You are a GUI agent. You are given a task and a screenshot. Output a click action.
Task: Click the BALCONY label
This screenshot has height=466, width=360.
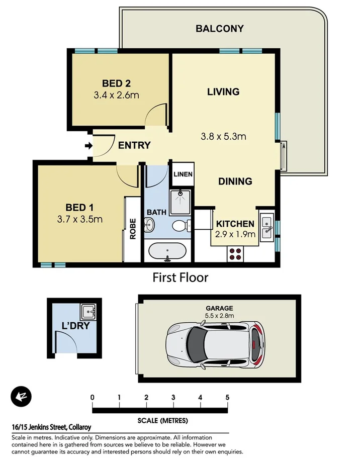(x=219, y=29)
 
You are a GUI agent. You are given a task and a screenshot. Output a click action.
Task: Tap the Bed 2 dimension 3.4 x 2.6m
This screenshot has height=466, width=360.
(x=116, y=94)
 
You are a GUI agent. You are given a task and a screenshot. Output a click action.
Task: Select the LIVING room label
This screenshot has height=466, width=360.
(x=223, y=91)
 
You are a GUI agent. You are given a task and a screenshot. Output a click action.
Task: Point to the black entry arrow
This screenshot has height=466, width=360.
(x=88, y=146)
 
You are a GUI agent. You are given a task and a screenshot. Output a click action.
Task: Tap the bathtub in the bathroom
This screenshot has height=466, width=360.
(x=168, y=251)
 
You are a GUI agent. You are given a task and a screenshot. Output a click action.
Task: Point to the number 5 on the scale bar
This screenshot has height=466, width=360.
(x=227, y=398)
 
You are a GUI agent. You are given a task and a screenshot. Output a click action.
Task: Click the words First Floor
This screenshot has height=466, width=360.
(x=181, y=277)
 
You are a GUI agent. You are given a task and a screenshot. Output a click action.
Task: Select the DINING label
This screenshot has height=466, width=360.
(x=235, y=181)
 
